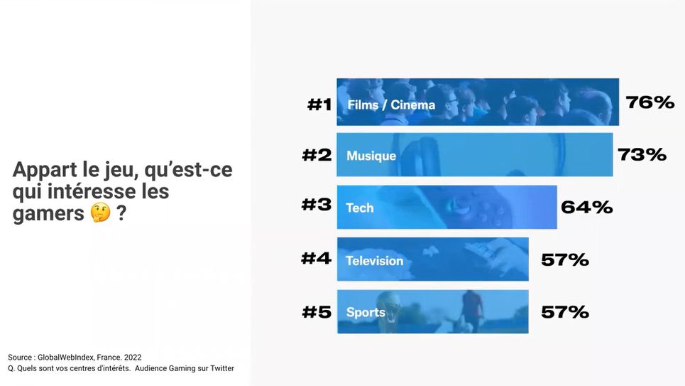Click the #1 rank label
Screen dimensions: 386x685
pos(319,104)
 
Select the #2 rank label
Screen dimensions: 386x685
pos(316,155)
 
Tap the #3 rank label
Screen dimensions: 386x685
pos(316,205)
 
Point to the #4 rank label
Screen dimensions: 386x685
pos(316,258)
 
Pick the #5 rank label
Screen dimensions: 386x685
pos(316,312)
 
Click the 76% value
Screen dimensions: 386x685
pos(650,103)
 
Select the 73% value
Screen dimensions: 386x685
pos(642,154)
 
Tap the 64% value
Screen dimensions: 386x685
pos(586,207)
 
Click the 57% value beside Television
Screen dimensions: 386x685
pos(565,259)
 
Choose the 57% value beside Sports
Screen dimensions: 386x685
pos(565,311)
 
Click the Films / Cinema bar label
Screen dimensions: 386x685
pos(391,105)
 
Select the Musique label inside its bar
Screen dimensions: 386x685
pos(371,156)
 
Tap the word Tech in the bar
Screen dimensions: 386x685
pos(359,208)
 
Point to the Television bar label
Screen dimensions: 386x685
pos(374,261)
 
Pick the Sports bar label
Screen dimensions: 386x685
pos(366,312)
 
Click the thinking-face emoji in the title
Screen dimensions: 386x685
pos(101,213)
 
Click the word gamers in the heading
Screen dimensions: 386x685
pos(48,214)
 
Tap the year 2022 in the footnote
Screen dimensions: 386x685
pos(133,357)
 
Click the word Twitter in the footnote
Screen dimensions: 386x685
pos(219,368)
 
